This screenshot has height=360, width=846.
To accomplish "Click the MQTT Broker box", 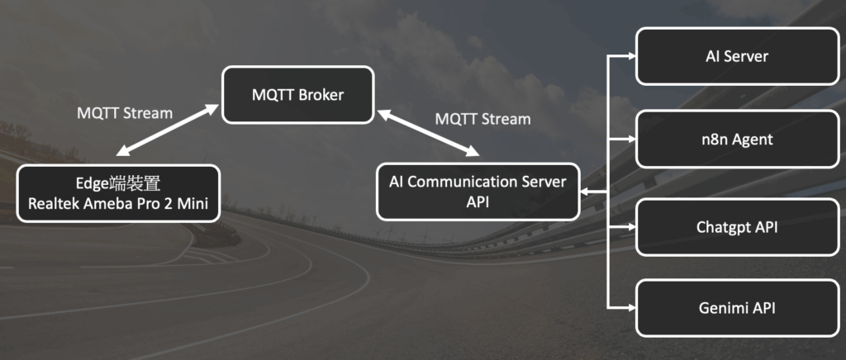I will click(297, 95).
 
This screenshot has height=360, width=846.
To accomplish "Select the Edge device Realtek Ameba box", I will click(119, 193).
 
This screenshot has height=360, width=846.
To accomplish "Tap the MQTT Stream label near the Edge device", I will click(125, 112).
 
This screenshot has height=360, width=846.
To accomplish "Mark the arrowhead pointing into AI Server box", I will click(630, 56).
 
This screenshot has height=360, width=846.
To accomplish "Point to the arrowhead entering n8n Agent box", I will click(630, 140).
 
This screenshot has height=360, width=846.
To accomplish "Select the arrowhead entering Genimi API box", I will click(630, 309).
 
